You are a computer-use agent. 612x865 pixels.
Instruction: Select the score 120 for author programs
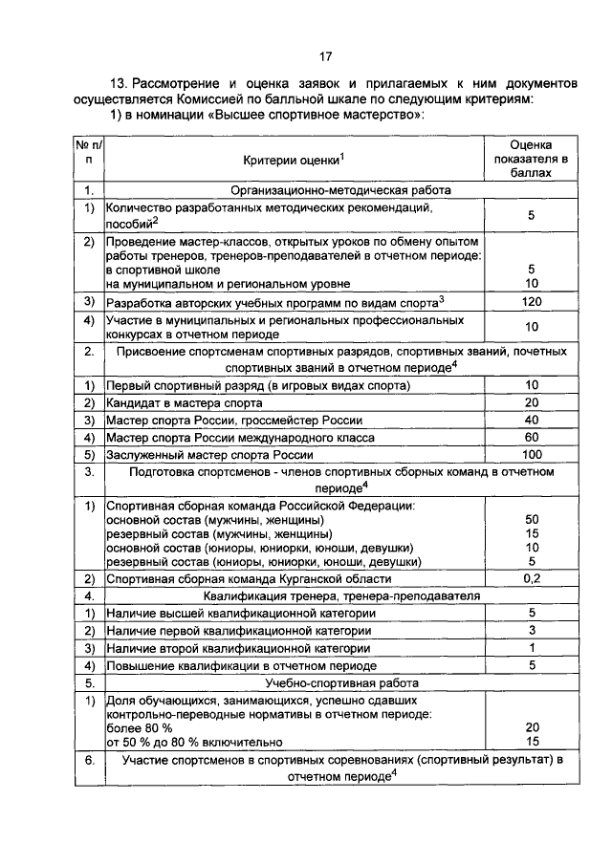532,302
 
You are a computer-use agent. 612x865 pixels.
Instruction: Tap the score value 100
532,454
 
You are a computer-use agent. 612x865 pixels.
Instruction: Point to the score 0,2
532,578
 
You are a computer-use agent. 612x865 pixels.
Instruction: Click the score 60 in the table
532,437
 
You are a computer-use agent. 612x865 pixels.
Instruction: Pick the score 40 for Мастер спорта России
532,420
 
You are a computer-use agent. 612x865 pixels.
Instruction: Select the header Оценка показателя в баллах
532,159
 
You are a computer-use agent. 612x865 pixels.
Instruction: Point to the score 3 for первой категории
532,631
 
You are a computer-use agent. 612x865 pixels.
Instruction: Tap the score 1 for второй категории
532,648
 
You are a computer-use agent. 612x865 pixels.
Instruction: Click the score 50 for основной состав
532,519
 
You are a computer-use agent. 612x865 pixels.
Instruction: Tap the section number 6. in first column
88,761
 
